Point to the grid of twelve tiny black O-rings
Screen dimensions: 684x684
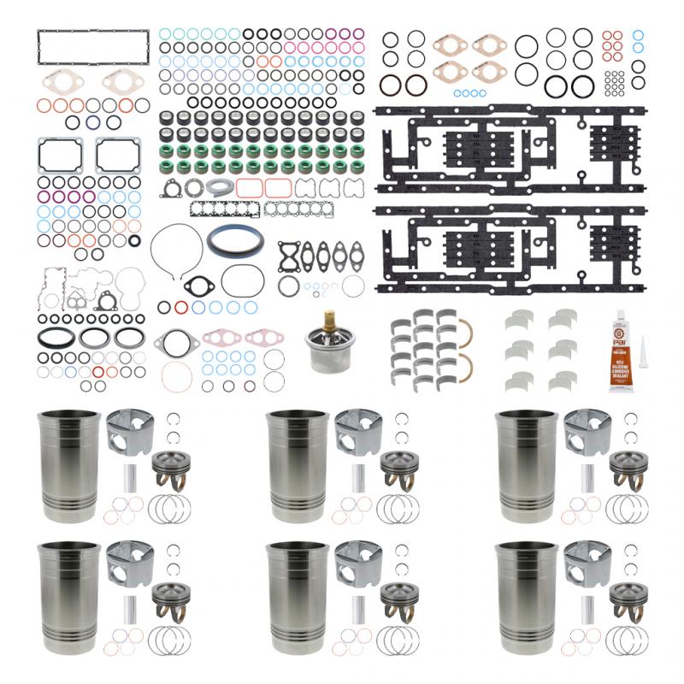[x=613, y=82]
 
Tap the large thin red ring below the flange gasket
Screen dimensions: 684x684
[x=177, y=375]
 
